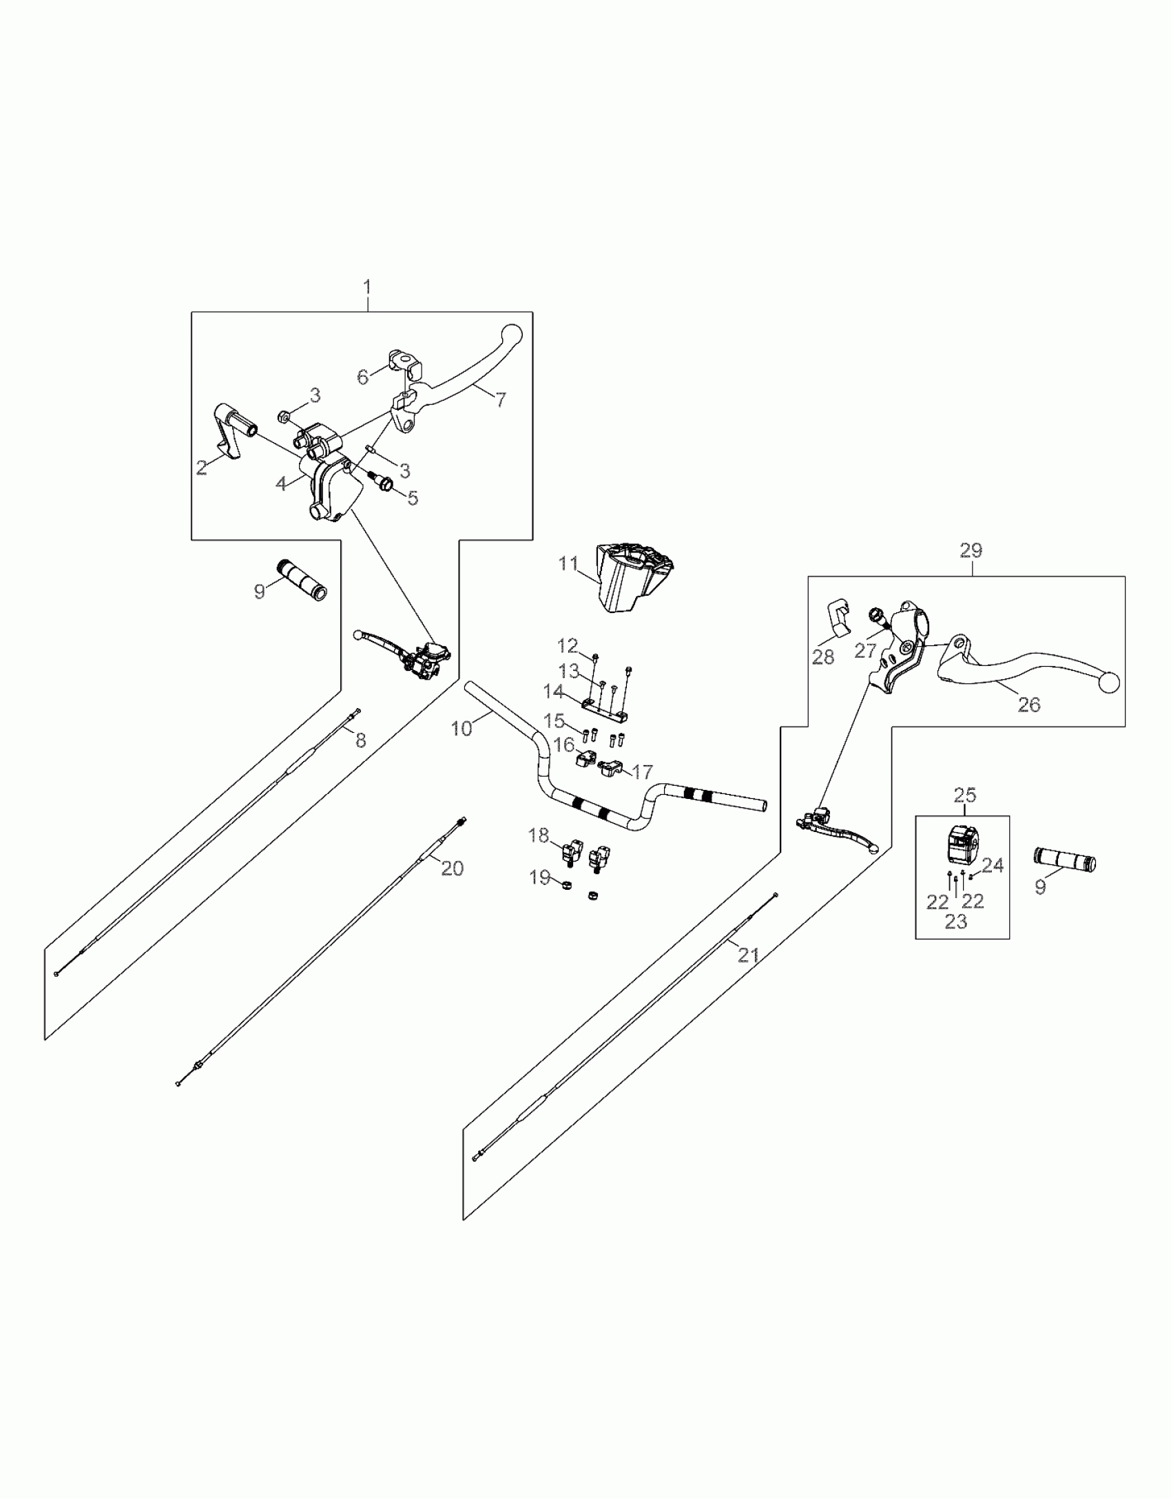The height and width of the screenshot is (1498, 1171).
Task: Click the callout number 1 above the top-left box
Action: coord(367,287)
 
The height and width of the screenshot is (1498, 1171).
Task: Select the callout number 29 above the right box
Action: coord(971,551)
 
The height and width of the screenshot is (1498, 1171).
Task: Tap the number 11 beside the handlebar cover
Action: coord(568,564)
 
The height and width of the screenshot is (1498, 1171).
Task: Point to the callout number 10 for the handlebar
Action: coord(462,728)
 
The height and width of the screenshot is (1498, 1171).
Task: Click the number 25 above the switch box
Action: coord(965,795)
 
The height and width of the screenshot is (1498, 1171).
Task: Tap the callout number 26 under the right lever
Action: coord(1029,704)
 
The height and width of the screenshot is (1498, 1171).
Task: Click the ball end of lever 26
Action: coord(1109,683)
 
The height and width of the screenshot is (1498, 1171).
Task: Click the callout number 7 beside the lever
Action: coord(501,399)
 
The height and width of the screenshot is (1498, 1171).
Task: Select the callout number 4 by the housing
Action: coord(281,483)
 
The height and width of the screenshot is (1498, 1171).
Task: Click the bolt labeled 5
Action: coord(382,483)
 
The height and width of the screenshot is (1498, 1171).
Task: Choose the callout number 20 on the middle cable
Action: coord(452,868)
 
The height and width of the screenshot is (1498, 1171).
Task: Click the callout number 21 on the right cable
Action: coord(748,955)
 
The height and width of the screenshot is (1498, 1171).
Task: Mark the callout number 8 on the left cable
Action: coord(360,740)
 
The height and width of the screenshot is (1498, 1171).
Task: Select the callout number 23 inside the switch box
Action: coord(955,922)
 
